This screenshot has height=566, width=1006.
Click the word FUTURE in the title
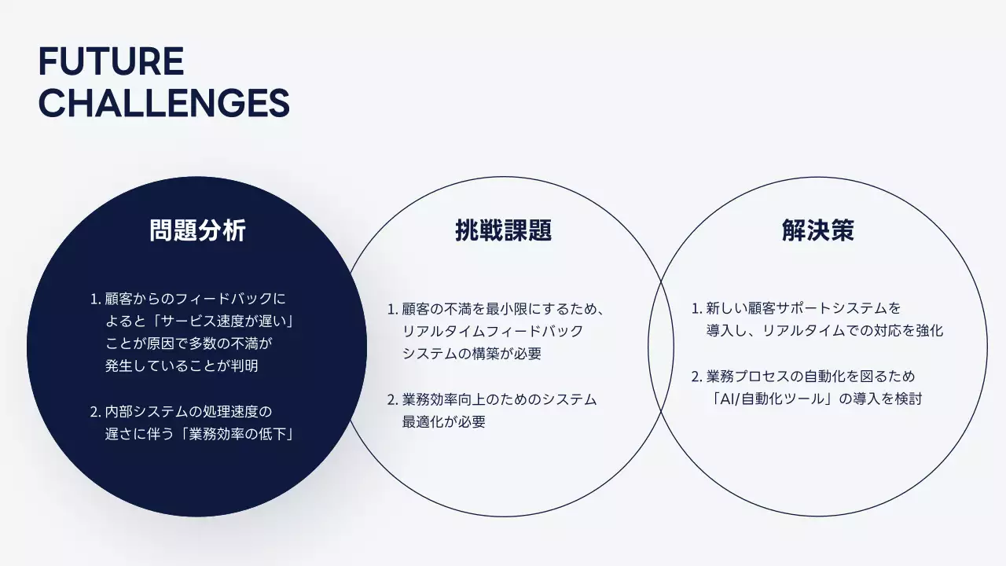pyautogui.click(x=111, y=62)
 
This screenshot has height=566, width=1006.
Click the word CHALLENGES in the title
pyautogui.click(x=163, y=103)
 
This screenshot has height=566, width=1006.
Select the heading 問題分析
pyautogui.click(x=197, y=230)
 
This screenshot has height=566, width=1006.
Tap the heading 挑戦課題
pyautogui.click(x=503, y=230)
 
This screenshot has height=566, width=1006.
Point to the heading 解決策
pyautogui.click(x=817, y=230)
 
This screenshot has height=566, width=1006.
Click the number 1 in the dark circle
pyautogui.click(x=94, y=299)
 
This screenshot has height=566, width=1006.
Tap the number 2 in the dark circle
pyautogui.click(x=94, y=412)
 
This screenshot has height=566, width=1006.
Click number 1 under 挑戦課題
pyautogui.click(x=391, y=309)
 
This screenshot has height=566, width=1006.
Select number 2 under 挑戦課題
pyautogui.click(x=391, y=399)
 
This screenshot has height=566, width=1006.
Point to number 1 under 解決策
pyautogui.click(x=696, y=308)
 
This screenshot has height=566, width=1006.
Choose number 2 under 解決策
pyautogui.click(x=696, y=377)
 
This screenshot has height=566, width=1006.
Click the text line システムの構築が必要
pyautogui.click(x=472, y=354)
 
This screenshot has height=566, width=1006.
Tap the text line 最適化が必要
pyautogui.click(x=443, y=421)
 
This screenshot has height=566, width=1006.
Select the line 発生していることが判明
pyautogui.click(x=182, y=366)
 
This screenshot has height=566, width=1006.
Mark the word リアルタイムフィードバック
pyautogui.click(x=493, y=331)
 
